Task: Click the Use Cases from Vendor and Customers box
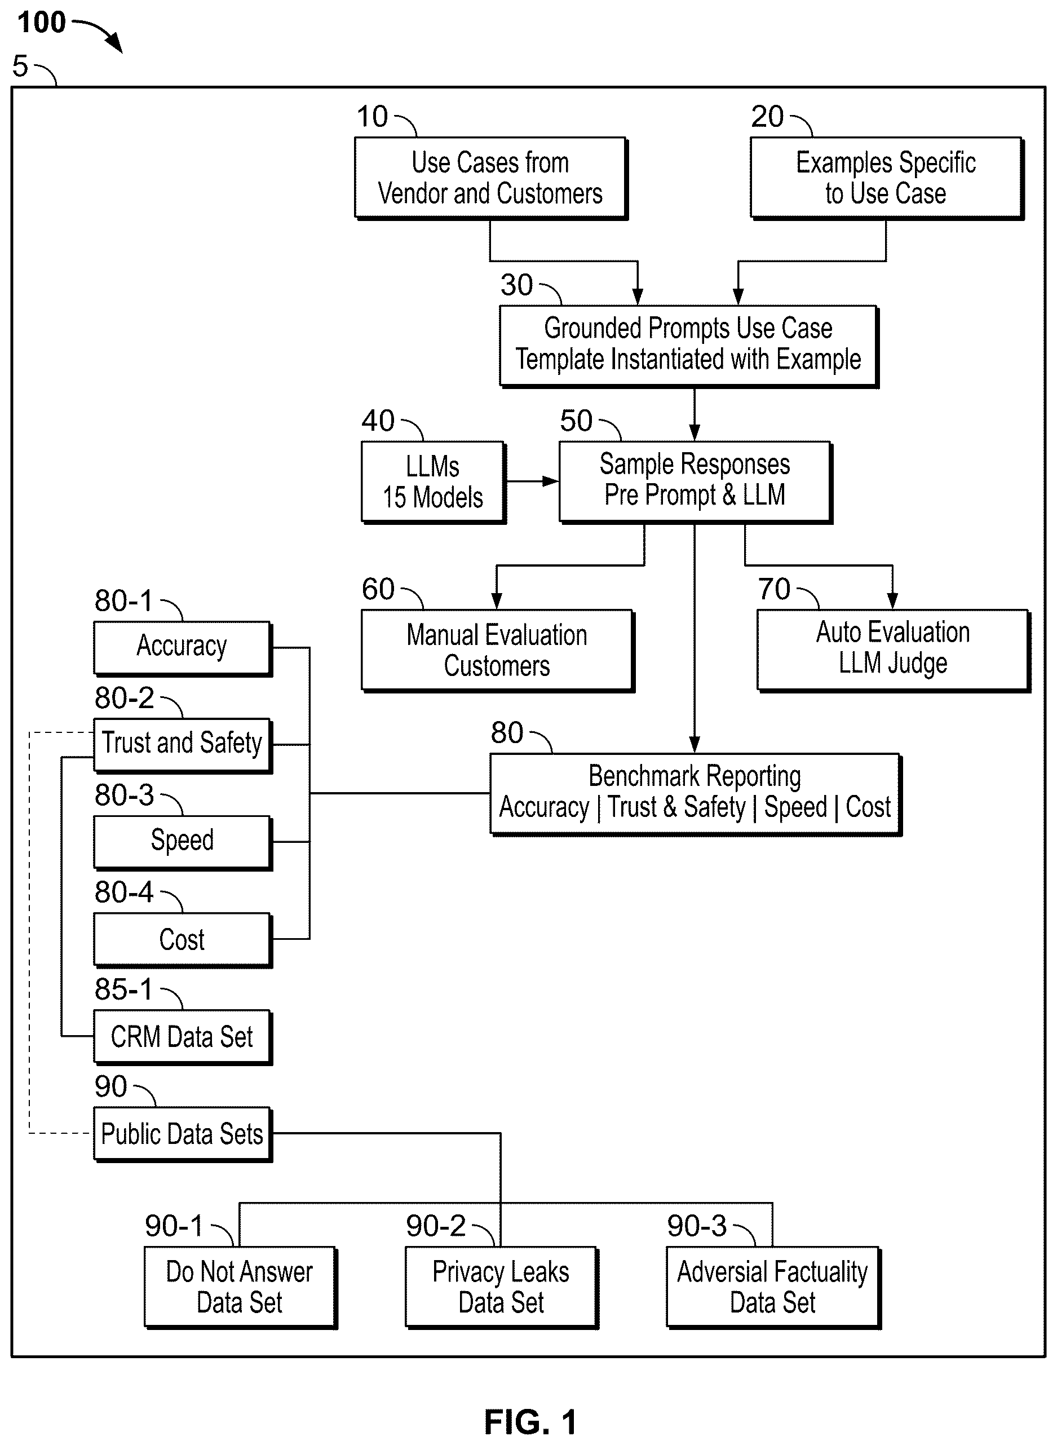(x=491, y=179)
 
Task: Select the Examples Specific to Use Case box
(x=887, y=179)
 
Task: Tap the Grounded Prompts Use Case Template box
(x=688, y=346)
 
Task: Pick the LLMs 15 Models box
(x=433, y=483)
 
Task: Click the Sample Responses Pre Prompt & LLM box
(x=696, y=483)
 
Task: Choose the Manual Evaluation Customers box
(x=497, y=650)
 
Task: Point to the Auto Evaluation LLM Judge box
(x=893, y=650)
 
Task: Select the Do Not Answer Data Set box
(x=241, y=1288)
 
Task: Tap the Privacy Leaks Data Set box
(x=502, y=1288)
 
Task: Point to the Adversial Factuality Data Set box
(x=773, y=1288)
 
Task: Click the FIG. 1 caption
(x=530, y=1422)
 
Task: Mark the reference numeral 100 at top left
(x=42, y=23)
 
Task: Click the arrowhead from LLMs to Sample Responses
(x=550, y=481)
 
